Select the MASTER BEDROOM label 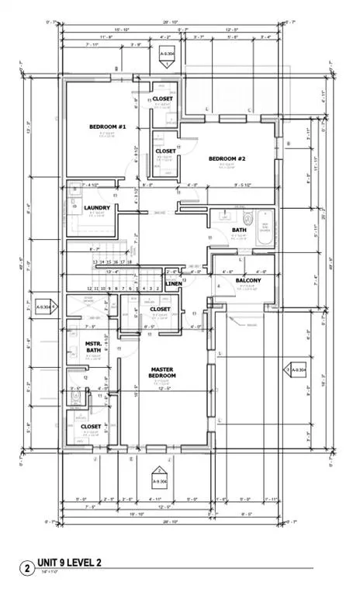coord(163,372)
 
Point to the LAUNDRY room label coord(97,207)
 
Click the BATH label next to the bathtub coord(239,230)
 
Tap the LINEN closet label coord(174,284)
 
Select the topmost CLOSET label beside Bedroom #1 coord(163,99)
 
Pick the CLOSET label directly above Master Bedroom coord(160,309)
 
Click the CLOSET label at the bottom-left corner coord(91,426)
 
